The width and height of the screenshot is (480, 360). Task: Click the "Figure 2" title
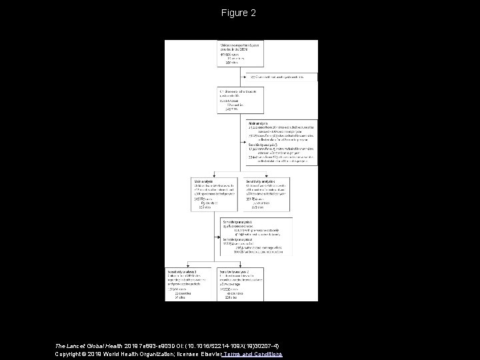click(239, 13)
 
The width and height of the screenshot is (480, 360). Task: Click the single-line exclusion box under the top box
click(279, 77)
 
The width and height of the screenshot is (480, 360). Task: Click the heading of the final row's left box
click(181, 271)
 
